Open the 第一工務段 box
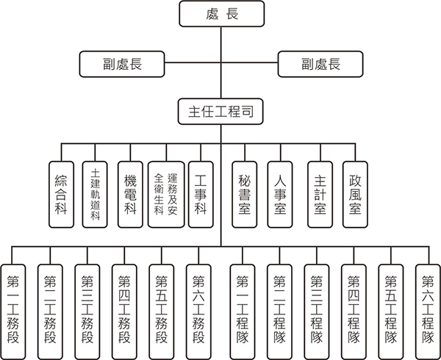point(15,309)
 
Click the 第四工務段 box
point(124,309)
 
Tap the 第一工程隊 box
point(243,309)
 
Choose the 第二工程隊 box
point(280,309)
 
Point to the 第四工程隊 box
point(354,309)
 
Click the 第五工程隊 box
point(391,309)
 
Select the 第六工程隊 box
point(428,309)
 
